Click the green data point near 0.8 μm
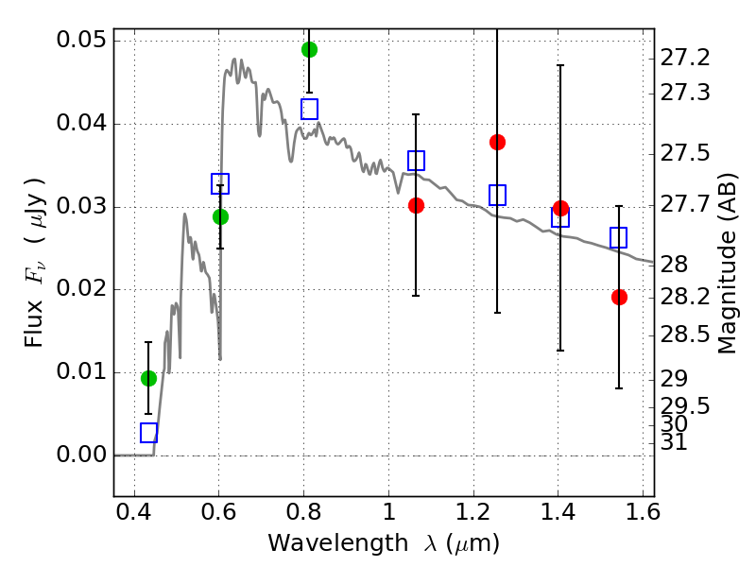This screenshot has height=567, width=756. (x=310, y=49)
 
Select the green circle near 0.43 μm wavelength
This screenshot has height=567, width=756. (x=149, y=379)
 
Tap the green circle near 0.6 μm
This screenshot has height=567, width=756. (x=220, y=217)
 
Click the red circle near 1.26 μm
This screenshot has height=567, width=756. (x=498, y=143)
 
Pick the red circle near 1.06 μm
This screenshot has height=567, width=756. (x=416, y=206)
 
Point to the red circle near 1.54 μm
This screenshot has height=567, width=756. (x=620, y=298)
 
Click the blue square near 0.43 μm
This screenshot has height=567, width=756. (x=149, y=433)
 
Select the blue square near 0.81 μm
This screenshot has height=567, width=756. (x=310, y=109)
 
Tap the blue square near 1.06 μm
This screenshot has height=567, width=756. (x=416, y=161)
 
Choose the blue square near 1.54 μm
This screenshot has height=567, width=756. (x=619, y=238)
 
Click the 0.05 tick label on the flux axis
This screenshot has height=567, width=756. (x=81, y=40)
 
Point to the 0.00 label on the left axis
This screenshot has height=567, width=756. (x=81, y=455)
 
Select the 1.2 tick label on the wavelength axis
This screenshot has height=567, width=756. (x=473, y=512)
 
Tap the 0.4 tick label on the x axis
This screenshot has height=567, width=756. (x=134, y=512)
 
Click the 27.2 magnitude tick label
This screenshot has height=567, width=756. (x=685, y=58)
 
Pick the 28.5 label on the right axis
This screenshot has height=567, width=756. (x=685, y=335)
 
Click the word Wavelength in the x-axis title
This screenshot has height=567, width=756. (x=338, y=543)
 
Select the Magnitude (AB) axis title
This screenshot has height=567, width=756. (x=727, y=264)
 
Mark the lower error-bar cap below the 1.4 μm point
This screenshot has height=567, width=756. (x=560, y=351)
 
